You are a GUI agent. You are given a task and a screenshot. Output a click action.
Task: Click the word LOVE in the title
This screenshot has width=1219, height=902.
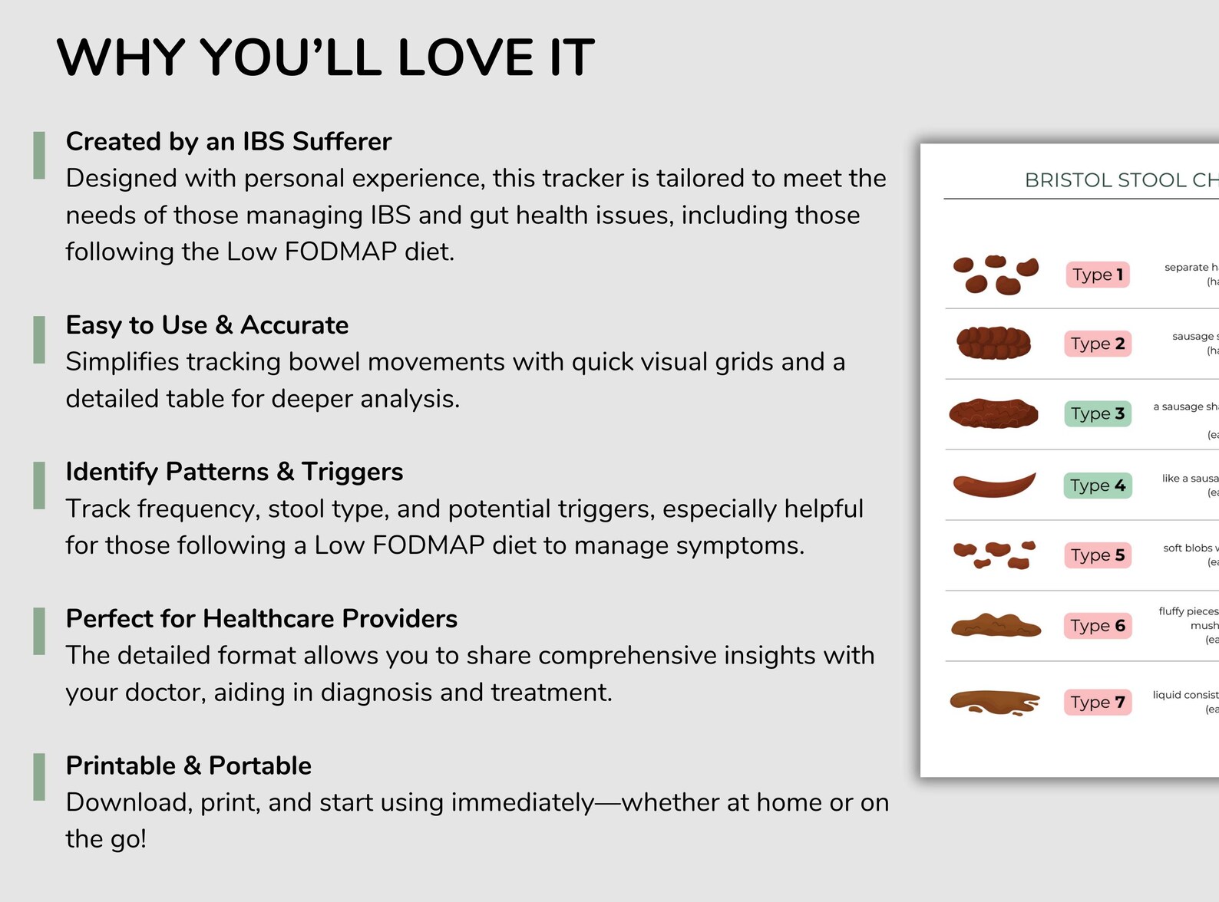pos(465,58)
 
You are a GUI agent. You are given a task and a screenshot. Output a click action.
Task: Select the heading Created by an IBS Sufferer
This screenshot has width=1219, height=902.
pos(229,141)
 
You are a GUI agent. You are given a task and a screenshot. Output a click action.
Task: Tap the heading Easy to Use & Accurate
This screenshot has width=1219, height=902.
pos(207,324)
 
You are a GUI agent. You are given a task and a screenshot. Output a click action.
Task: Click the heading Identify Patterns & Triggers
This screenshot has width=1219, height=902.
pos(234,471)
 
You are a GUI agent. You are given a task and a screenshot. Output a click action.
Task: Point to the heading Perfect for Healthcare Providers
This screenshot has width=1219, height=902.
pos(261,618)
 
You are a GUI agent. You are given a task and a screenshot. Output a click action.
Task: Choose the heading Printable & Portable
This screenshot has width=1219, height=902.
pos(188,765)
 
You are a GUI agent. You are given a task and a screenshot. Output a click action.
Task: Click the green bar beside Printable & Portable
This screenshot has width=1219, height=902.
pos(39,777)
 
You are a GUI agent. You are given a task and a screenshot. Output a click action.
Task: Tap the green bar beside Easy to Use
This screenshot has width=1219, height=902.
pos(39,339)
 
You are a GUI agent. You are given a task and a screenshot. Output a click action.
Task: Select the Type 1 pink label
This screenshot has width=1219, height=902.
pos(1097,275)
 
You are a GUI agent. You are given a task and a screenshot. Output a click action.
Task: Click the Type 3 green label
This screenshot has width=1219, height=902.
pos(1097,413)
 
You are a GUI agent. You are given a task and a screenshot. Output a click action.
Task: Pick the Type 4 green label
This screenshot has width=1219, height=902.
pos(1097,486)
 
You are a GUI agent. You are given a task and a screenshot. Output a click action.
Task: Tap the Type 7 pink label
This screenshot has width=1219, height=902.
pos(1097,703)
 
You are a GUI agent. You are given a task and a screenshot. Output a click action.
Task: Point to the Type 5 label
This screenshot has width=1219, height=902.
pos(1097,555)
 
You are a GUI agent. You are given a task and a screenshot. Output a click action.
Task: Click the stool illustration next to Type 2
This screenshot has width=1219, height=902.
pos(994,343)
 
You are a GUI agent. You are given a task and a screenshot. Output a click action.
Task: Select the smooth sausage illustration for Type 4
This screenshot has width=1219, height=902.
pos(994,485)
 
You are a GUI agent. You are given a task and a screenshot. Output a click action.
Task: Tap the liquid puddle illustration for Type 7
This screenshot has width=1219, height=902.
pos(994,702)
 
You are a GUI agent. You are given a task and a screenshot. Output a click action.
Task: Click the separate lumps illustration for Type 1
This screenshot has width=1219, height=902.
pos(995,275)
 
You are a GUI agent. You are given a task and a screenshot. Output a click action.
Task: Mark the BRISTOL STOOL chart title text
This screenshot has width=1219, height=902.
pos(1121,180)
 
